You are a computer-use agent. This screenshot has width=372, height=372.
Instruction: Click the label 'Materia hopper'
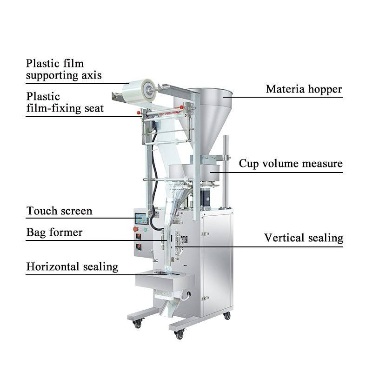[x=304, y=89]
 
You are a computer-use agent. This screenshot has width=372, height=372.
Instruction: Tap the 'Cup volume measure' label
[x=291, y=164]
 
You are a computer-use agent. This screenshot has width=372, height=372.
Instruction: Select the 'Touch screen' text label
[x=59, y=211]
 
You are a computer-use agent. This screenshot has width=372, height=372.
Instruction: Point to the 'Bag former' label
[x=54, y=232]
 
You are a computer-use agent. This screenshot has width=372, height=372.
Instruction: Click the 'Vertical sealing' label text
[x=304, y=238]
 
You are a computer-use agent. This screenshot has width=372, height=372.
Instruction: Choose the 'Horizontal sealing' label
[x=72, y=267]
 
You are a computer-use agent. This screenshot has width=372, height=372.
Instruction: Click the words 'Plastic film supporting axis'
[x=64, y=69]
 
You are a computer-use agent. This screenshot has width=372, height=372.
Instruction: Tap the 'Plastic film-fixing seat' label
[x=65, y=102]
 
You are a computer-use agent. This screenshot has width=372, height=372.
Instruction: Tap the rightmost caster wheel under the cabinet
[x=227, y=316]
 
